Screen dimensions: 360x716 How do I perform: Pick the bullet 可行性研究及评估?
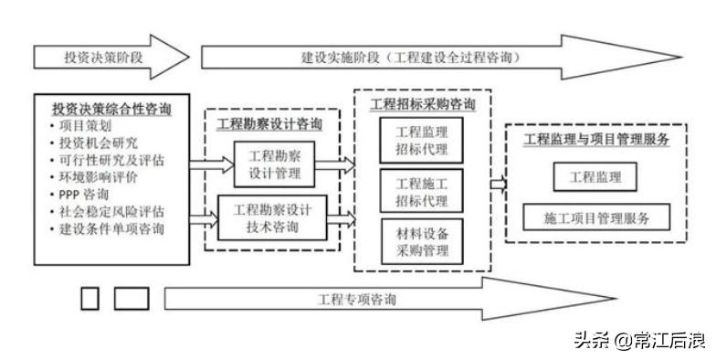[x=111, y=161]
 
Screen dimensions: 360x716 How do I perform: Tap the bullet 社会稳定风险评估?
[x=111, y=212]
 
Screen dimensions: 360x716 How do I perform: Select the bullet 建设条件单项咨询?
[x=111, y=228]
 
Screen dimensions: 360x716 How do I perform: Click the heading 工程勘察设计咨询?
[x=269, y=123]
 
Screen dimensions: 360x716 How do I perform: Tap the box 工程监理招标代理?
[x=421, y=140]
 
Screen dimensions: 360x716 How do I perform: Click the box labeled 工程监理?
[x=595, y=175]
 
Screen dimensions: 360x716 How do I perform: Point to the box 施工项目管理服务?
[x=595, y=217]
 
